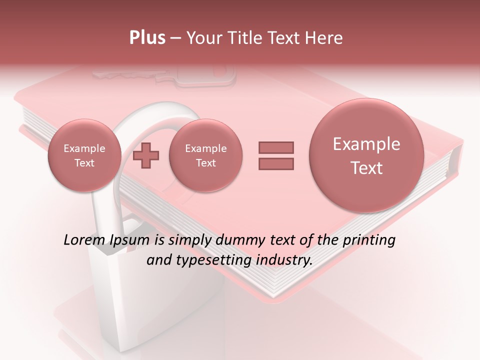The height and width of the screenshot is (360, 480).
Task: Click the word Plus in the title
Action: coord(147,38)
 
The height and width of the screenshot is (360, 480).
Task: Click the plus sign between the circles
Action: coord(146,155)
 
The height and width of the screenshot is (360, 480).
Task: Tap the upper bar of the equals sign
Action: coord(276,147)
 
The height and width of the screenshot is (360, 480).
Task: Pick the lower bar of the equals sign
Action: coord(276,163)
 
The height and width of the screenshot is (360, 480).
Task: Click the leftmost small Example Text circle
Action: coord(84,155)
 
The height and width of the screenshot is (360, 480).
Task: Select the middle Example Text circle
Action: coord(205,155)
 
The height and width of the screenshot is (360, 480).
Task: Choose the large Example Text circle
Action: coord(366,155)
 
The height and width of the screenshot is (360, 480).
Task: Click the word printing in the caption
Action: coord(368,240)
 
